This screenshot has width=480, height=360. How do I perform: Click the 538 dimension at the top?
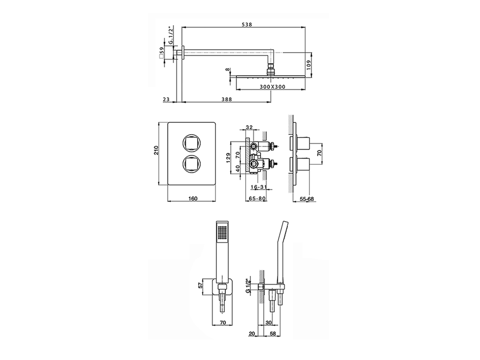246,24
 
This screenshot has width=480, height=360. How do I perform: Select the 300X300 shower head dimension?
272,87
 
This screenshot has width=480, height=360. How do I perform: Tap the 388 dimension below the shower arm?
226,99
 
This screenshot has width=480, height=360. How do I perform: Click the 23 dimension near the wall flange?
166,99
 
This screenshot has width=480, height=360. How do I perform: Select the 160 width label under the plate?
192,199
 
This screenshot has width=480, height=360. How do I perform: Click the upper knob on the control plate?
191,142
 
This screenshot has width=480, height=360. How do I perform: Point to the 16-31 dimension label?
258,186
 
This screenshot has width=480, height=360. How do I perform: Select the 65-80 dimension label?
257,199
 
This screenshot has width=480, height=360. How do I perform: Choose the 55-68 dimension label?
307,199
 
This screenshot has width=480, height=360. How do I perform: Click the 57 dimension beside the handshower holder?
200,286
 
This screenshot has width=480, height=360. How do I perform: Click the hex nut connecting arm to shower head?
270,70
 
